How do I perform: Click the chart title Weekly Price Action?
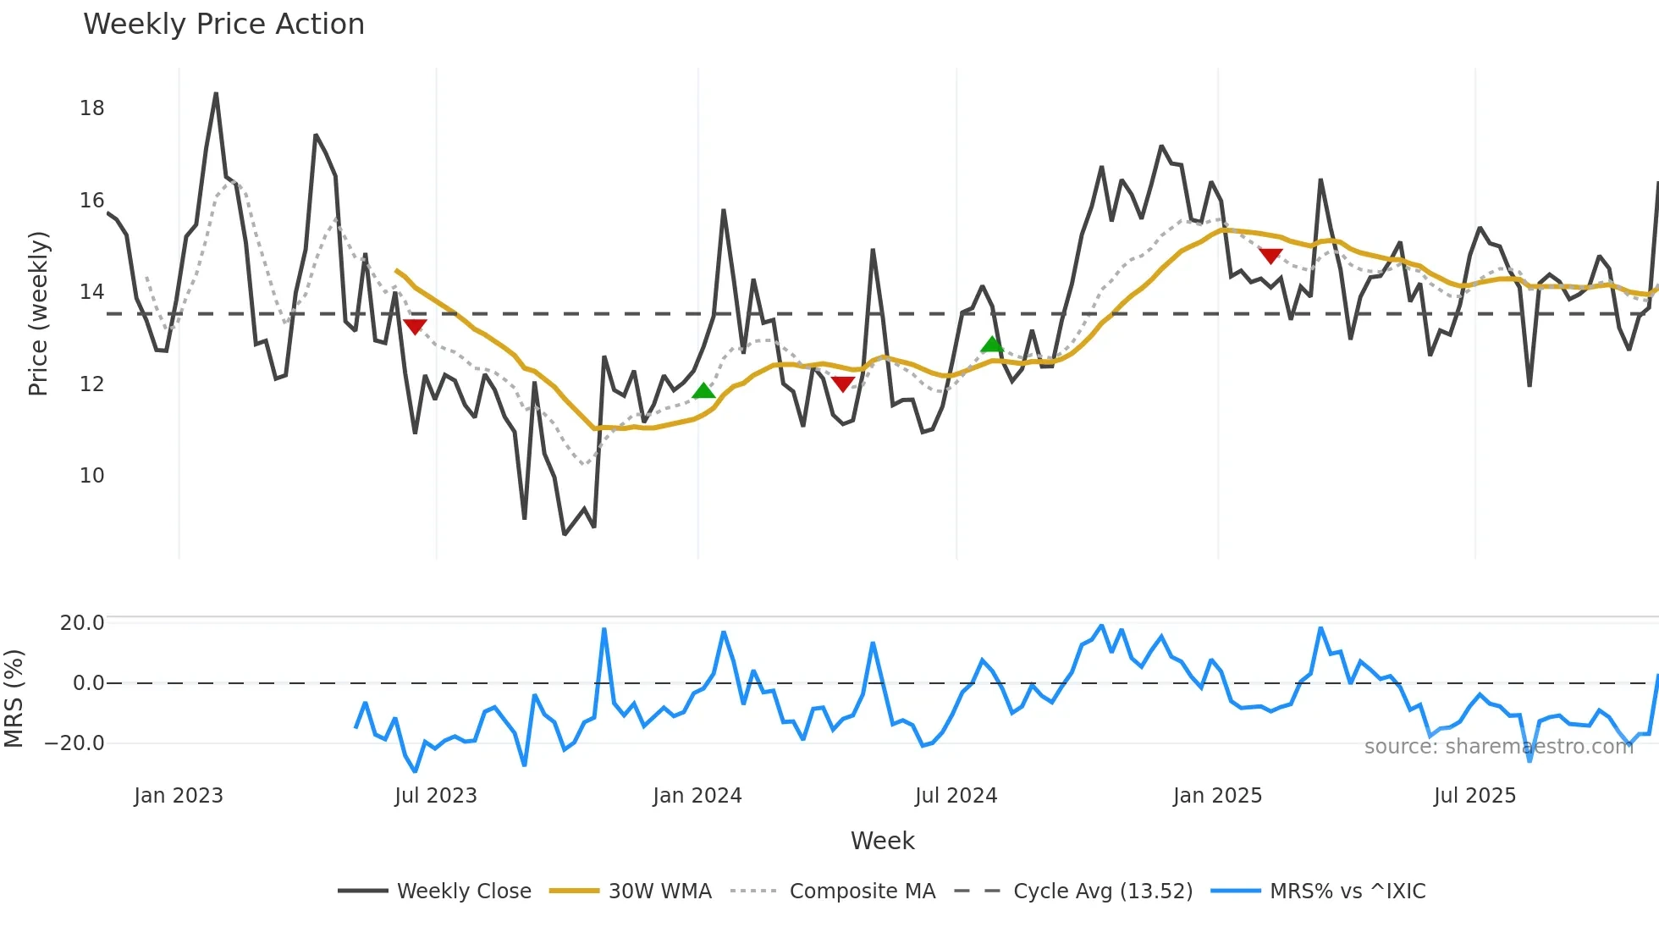pyautogui.click(x=223, y=24)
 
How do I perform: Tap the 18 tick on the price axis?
pyautogui.click(x=91, y=108)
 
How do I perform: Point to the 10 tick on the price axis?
pyautogui.click(x=91, y=476)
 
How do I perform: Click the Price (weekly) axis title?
pyautogui.click(x=38, y=313)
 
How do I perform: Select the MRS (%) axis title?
pyautogui.click(x=14, y=698)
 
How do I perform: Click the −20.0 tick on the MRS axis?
pyautogui.click(x=74, y=743)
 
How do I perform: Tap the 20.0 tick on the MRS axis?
pyautogui.click(x=81, y=623)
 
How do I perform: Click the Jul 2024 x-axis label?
pyautogui.click(x=956, y=796)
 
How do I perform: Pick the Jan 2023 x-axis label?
pyautogui.click(x=179, y=796)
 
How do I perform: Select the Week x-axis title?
pyautogui.click(x=882, y=841)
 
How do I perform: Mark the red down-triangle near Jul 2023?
pyautogui.click(x=415, y=326)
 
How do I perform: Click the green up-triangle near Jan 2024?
pyautogui.click(x=703, y=391)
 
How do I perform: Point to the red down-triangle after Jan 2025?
pyautogui.click(x=1270, y=255)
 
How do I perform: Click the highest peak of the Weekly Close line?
pyautogui.click(x=216, y=94)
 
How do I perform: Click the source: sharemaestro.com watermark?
pyautogui.click(x=1498, y=747)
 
